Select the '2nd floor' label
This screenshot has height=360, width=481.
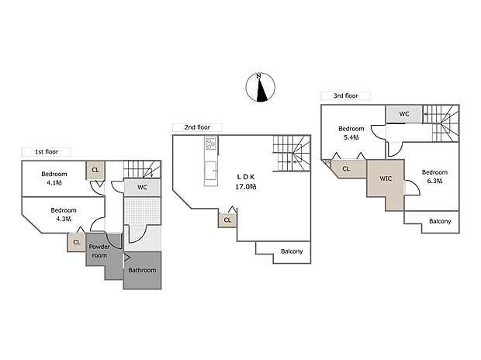click(x=197, y=127)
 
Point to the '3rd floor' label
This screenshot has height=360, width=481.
click(x=345, y=95)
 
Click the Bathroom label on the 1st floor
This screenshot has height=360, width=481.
click(x=142, y=271)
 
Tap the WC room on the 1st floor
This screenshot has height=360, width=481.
click(x=143, y=188)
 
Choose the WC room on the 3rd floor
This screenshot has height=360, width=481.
click(x=404, y=114)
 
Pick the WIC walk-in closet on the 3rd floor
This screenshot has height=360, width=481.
click(x=386, y=179)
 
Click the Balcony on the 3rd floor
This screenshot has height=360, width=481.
click(x=440, y=222)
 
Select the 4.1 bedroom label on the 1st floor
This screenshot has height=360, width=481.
click(x=54, y=178)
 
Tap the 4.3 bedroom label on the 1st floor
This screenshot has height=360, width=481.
click(x=63, y=214)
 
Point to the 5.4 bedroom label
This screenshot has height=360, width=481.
click(x=351, y=133)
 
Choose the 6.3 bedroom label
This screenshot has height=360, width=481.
click(x=434, y=177)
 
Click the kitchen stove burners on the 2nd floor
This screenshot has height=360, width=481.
click(x=209, y=144)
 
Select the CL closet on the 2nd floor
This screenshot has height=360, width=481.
click(x=227, y=220)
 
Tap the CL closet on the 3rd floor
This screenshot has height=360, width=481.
click(x=346, y=168)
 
